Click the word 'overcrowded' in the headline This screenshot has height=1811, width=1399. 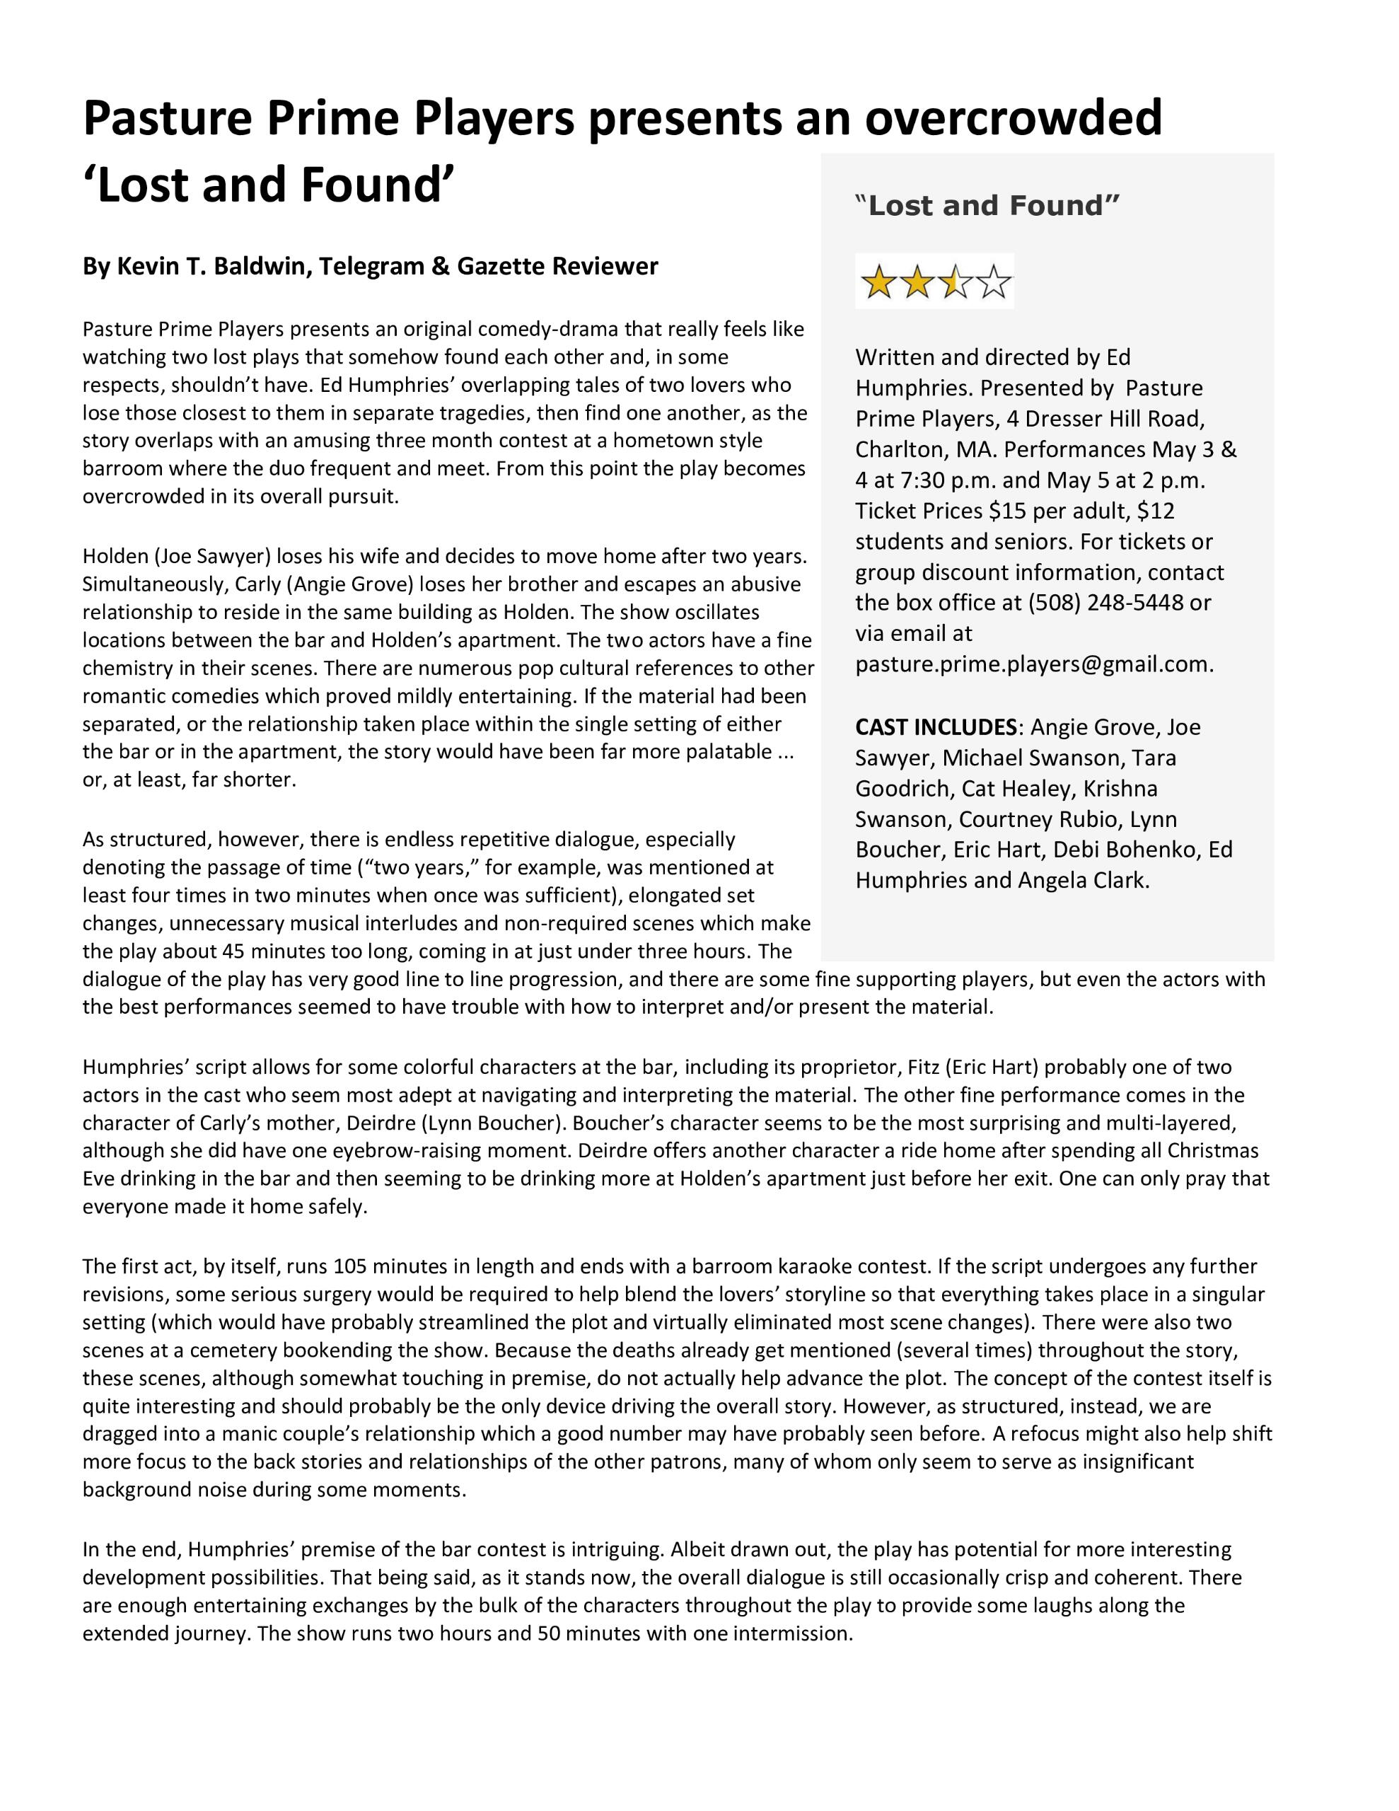(x=1014, y=117)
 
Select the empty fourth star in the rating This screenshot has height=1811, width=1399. (x=994, y=283)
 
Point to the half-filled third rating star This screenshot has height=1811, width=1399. (x=955, y=283)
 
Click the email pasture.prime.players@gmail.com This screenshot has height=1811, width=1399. (x=1034, y=664)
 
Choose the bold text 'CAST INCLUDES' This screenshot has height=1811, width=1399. (x=936, y=727)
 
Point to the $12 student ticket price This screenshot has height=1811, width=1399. (x=1156, y=511)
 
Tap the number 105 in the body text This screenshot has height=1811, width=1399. (x=350, y=1266)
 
